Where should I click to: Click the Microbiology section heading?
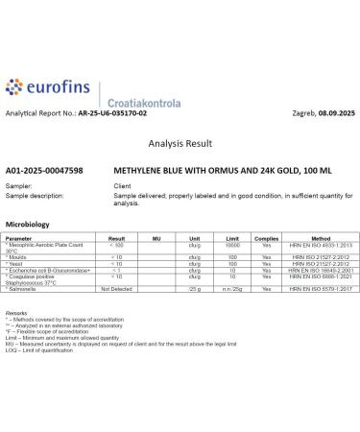(x=27, y=223)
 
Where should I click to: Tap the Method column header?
(x=321, y=236)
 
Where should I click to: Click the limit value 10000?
(x=231, y=245)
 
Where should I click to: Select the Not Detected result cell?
(x=116, y=289)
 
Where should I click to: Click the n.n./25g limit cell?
(x=231, y=289)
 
